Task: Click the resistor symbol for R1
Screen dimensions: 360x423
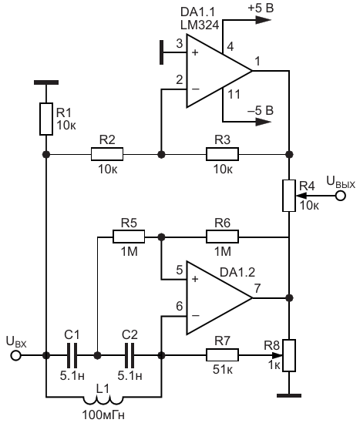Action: (x=46, y=119)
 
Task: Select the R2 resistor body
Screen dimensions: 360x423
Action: (x=107, y=154)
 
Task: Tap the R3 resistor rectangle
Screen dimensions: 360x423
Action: (x=222, y=154)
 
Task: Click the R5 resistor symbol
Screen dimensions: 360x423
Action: (x=129, y=237)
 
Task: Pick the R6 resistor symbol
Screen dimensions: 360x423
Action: (x=222, y=237)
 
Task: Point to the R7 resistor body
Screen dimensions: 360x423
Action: (x=222, y=355)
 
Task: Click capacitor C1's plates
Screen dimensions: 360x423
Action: (x=72, y=355)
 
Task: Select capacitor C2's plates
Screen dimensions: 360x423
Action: (x=130, y=355)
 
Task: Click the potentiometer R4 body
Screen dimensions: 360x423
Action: (x=289, y=196)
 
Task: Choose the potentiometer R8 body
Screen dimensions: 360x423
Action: (x=289, y=355)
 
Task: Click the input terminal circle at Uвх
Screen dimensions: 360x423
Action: (x=16, y=355)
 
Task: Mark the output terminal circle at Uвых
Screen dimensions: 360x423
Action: (x=341, y=196)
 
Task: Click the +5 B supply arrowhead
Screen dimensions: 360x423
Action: (x=263, y=20)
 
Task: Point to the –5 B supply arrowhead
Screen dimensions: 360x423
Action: (x=263, y=122)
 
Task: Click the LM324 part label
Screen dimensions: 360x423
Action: (x=200, y=25)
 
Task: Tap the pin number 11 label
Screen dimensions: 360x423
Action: (x=234, y=95)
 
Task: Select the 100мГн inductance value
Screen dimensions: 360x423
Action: (x=103, y=415)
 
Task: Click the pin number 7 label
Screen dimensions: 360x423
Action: (x=257, y=288)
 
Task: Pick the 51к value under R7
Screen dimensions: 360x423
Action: (x=223, y=370)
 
